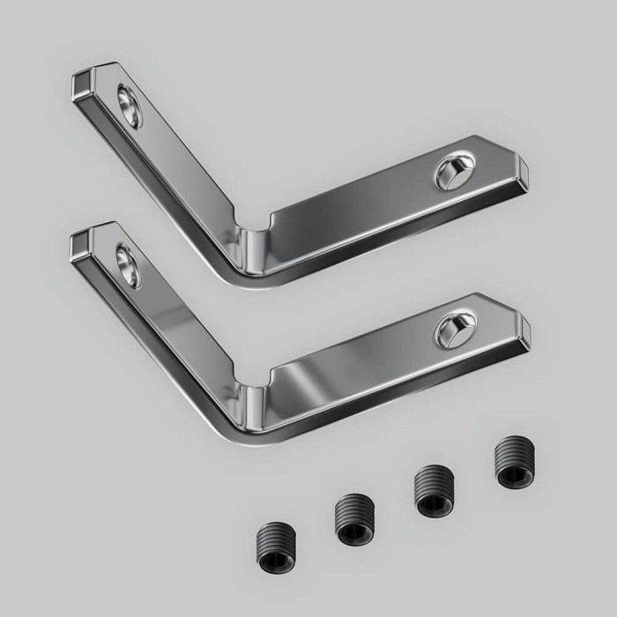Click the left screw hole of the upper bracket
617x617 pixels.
point(129,106)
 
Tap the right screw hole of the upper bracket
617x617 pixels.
point(455,170)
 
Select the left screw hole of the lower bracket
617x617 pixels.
point(128,265)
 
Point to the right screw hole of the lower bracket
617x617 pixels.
point(455,329)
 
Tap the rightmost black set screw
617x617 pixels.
point(513,464)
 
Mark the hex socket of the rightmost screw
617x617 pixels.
point(513,475)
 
